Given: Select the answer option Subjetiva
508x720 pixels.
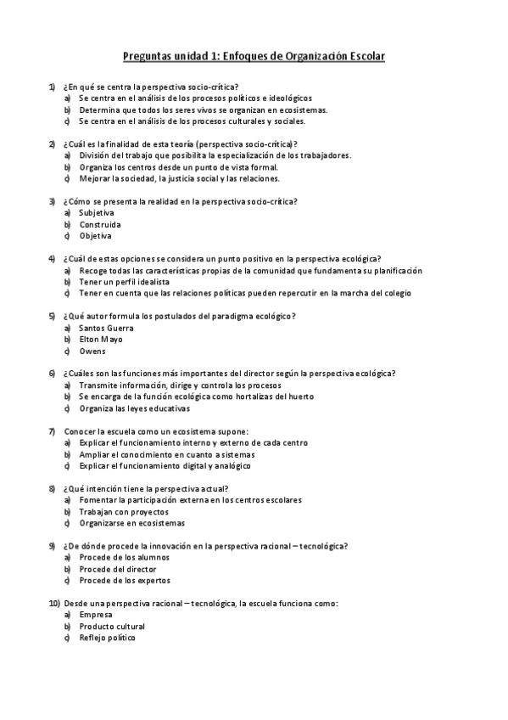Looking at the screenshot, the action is tap(96, 212).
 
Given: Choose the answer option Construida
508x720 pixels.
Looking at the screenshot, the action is tap(99, 224).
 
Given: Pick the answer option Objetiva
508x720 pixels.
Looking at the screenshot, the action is tap(95, 236).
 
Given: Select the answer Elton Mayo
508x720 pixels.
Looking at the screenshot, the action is tap(100, 339).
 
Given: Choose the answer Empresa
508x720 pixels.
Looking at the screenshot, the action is tap(95, 614).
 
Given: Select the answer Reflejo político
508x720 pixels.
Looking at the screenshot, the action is tap(106, 638).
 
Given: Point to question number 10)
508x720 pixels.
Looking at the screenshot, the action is tap(53, 603).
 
